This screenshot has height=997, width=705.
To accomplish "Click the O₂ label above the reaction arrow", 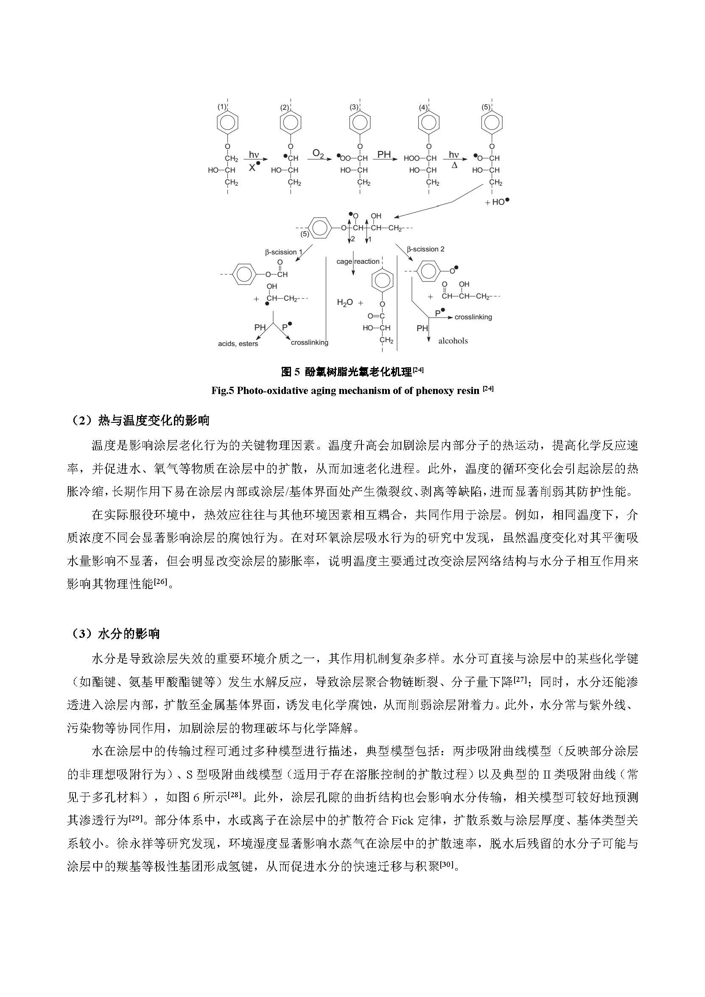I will click(319, 153).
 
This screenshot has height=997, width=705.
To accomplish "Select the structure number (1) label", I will click(222, 107).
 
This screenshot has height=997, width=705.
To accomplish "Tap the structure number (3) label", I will click(354, 107).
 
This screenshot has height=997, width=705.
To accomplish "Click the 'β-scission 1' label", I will click(284, 252).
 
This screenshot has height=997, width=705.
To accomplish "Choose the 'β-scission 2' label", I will click(425, 249).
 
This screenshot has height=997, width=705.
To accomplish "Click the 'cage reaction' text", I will click(358, 261).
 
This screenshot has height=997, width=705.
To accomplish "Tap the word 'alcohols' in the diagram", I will click(453, 341).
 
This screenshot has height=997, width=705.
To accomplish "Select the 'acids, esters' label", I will click(238, 344).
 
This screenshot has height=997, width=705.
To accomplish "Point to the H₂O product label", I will click(345, 303).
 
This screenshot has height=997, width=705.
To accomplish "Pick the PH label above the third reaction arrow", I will click(383, 154).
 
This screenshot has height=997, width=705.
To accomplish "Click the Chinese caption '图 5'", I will click(291, 372).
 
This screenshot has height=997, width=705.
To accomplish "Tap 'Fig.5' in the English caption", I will click(222, 391).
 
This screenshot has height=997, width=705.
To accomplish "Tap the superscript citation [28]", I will click(235, 795).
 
